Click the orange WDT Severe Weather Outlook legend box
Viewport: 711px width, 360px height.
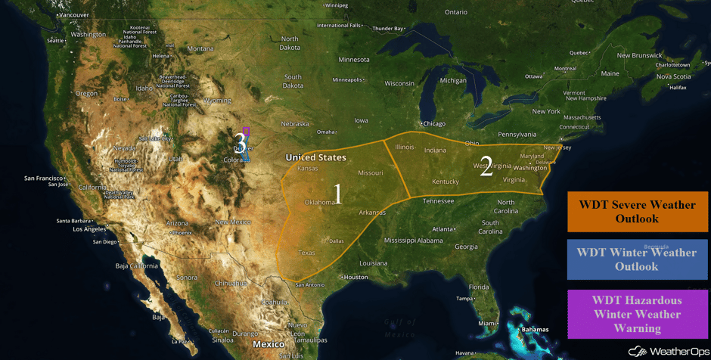637,212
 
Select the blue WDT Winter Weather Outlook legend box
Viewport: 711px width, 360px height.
637,259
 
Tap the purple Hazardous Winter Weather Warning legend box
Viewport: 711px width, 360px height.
637,313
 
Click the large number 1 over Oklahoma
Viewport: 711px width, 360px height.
337,194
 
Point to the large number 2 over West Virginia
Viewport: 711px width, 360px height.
486,168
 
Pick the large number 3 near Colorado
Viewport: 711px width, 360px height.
240,141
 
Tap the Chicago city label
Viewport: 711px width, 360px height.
433,124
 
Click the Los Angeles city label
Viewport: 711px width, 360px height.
89,229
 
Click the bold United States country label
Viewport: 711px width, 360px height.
315,157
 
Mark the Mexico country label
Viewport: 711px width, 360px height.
269,344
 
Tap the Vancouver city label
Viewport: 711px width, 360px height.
73,15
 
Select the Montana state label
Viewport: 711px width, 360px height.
200,48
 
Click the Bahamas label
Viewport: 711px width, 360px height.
535,329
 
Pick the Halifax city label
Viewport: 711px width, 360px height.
678,87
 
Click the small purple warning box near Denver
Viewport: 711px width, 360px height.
246,131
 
